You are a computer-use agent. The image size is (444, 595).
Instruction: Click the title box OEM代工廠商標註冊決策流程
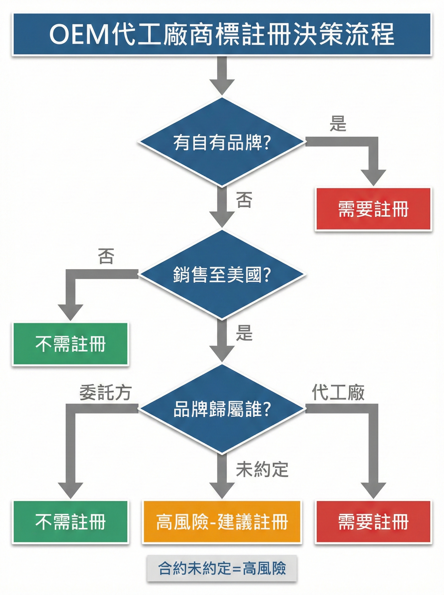pos(222,34)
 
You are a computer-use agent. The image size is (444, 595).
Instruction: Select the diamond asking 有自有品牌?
pos(222,142)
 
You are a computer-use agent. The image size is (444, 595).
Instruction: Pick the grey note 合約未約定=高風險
pos(222,568)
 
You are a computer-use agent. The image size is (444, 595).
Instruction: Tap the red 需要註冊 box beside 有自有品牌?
pos(373,209)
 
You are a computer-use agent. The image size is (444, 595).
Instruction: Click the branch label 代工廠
pos(338,392)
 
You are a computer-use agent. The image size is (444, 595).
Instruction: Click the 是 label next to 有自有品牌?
pos(338,123)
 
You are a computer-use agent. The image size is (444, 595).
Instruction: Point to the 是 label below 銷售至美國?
pos(244,333)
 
